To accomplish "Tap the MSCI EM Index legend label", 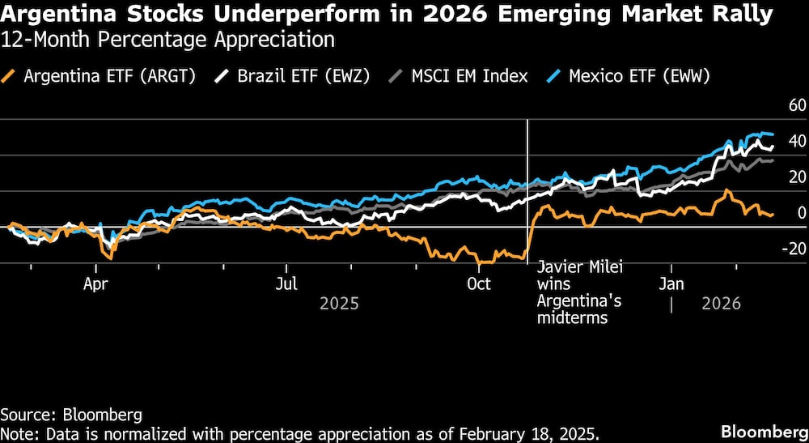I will tap(468, 77).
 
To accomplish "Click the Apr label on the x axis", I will tap(96, 284).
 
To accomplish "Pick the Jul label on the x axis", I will tap(286, 284).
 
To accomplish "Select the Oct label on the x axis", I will tap(479, 284).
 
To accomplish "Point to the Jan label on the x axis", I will tap(671, 284).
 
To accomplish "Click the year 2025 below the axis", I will tap(340, 305).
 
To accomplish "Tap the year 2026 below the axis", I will tap(721, 305).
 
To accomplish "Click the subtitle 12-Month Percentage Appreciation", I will tap(167, 39).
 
